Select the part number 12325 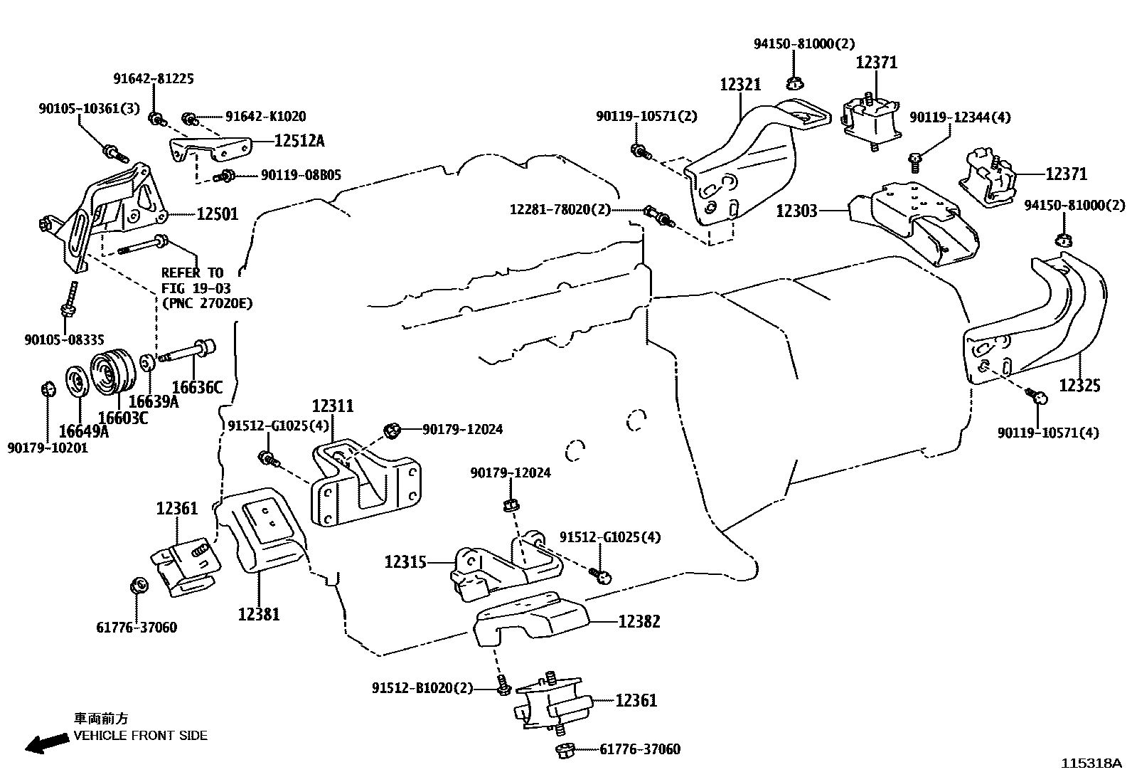click(x=1079, y=385)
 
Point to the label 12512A click(x=299, y=141)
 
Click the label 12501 click(x=217, y=214)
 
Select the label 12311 click(x=332, y=406)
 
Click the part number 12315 click(x=405, y=562)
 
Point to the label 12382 click(x=639, y=621)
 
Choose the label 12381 click(x=259, y=613)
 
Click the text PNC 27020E click(x=207, y=303)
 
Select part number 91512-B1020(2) click(x=422, y=688)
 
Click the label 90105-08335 click(x=65, y=340)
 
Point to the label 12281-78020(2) click(x=560, y=210)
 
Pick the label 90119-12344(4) click(x=960, y=117)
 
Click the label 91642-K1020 click(x=265, y=116)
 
